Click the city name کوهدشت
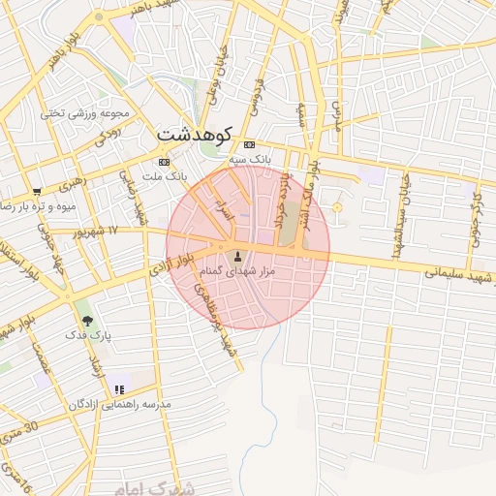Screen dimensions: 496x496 click(196, 133)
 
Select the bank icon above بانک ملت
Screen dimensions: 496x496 click(164, 162)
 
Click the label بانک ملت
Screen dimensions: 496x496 click(164, 177)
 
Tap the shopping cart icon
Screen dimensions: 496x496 click(37, 191)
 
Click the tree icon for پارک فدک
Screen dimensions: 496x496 click(89, 320)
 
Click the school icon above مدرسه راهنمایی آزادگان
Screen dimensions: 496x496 click(119, 389)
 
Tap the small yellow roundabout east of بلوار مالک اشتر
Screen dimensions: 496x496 click(337, 208)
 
